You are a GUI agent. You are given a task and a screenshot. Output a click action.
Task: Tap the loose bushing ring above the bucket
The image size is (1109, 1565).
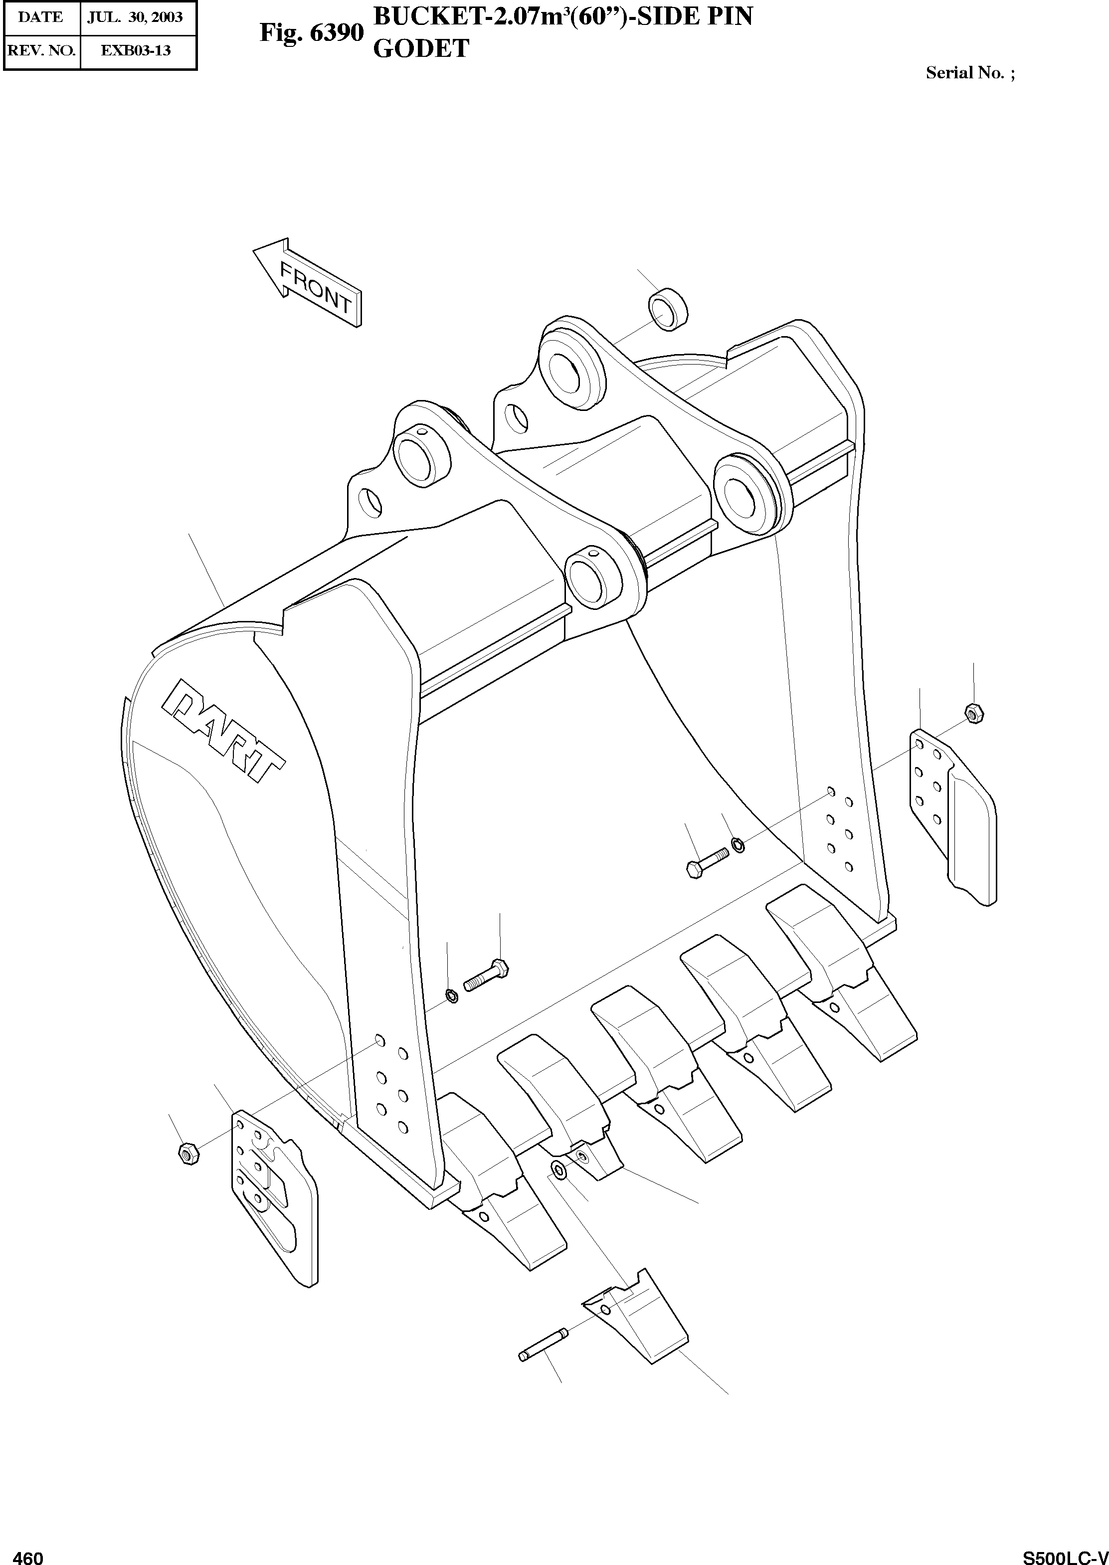click(x=668, y=309)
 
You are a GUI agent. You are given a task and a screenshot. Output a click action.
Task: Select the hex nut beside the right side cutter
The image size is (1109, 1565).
click(x=974, y=713)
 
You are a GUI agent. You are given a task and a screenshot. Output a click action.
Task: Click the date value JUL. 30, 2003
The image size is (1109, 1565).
click(x=135, y=17)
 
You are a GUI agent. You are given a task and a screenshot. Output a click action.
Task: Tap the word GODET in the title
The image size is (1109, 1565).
click(x=421, y=48)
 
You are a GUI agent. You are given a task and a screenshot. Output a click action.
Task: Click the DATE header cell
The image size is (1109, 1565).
click(x=41, y=17)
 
